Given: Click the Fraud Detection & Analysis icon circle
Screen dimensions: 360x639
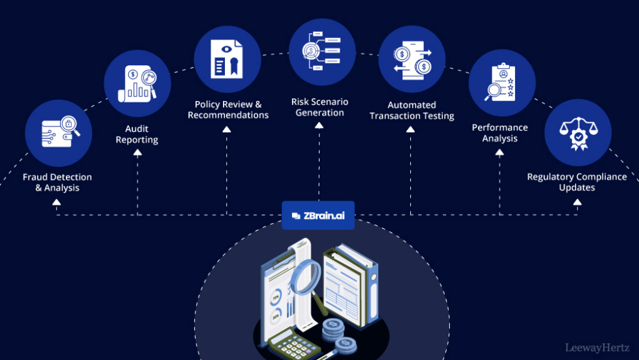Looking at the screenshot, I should coord(59,133).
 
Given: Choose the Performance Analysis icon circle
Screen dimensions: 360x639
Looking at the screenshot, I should coord(501,83).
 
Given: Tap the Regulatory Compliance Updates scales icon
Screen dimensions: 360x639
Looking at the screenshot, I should coord(577,133).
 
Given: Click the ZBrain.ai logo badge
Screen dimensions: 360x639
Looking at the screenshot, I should coord(318,216).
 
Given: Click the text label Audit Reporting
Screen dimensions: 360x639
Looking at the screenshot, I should coord(137,134).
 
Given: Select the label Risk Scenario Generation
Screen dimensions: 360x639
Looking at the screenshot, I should coord(319,108).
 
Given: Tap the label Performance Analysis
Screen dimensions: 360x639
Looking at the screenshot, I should coord(500,133).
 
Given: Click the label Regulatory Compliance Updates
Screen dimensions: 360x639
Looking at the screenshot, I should coord(577,182).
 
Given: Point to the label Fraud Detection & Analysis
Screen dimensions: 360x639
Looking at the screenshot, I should coord(57,183).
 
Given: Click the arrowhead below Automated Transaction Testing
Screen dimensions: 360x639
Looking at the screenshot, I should coord(411,130).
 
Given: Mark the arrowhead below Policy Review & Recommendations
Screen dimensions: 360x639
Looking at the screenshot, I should coord(227,130).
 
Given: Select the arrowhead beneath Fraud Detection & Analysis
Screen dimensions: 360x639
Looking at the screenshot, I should coord(57,202).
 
